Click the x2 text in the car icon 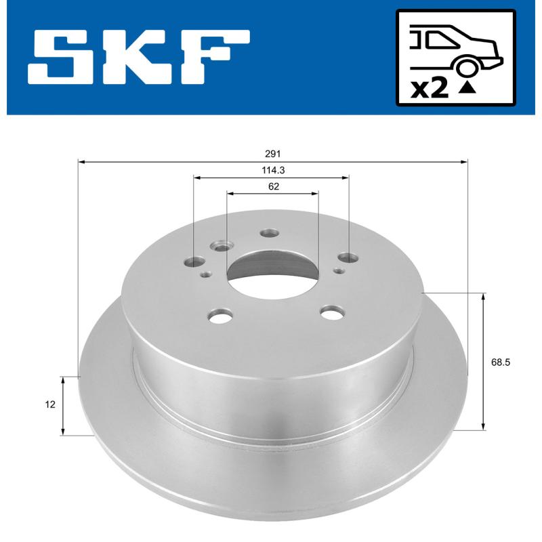point(430,88)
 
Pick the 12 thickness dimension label point(49,405)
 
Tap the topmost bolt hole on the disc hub point(270,233)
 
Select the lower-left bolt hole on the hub point(220,314)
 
